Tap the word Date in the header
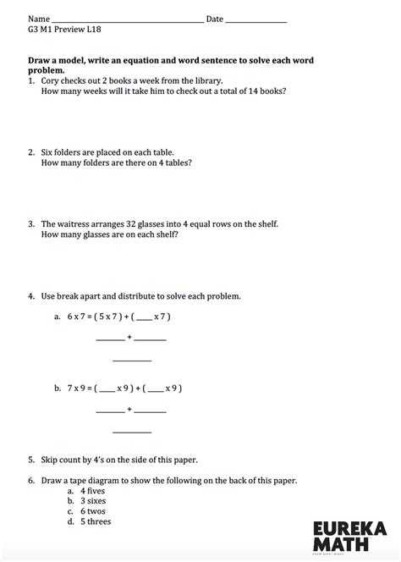coord(214,19)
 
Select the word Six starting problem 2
coord(47,152)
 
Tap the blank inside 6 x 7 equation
coord(144,319)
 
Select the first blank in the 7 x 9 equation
coord(107,390)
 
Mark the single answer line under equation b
coord(131,433)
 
